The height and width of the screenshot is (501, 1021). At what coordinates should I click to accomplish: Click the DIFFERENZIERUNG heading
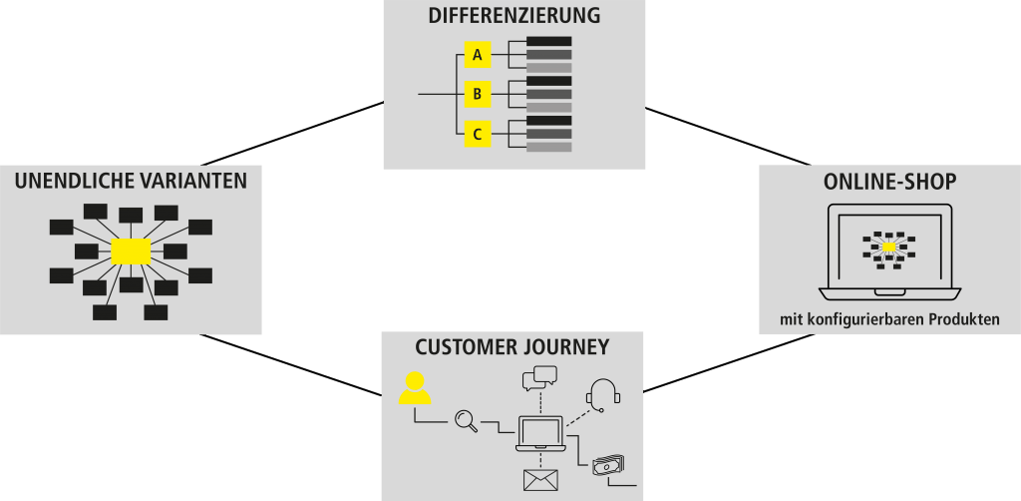click(514, 16)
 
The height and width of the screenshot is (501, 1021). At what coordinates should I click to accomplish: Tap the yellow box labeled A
click(478, 56)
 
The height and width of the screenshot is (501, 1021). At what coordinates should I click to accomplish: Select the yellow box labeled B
click(478, 95)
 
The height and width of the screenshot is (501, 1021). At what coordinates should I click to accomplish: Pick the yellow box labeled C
click(478, 134)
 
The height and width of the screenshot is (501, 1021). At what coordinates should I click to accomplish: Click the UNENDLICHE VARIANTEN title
click(131, 181)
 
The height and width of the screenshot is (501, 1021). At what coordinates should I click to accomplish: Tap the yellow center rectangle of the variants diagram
click(131, 251)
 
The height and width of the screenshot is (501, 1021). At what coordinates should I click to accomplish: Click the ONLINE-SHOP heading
click(889, 182)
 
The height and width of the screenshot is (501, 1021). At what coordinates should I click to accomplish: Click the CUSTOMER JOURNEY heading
click(512, 347)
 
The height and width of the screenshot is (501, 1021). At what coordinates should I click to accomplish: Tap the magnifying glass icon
click(466, 421)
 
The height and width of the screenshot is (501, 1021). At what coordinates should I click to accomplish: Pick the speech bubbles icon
click(538, 377)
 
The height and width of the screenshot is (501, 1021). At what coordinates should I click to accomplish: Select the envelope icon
click(540, 481)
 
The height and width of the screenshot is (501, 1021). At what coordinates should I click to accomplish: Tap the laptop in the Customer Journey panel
click(540, 433)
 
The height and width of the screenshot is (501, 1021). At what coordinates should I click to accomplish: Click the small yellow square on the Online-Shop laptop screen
click(889, 247)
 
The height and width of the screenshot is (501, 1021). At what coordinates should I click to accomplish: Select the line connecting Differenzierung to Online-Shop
click(728, 136)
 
